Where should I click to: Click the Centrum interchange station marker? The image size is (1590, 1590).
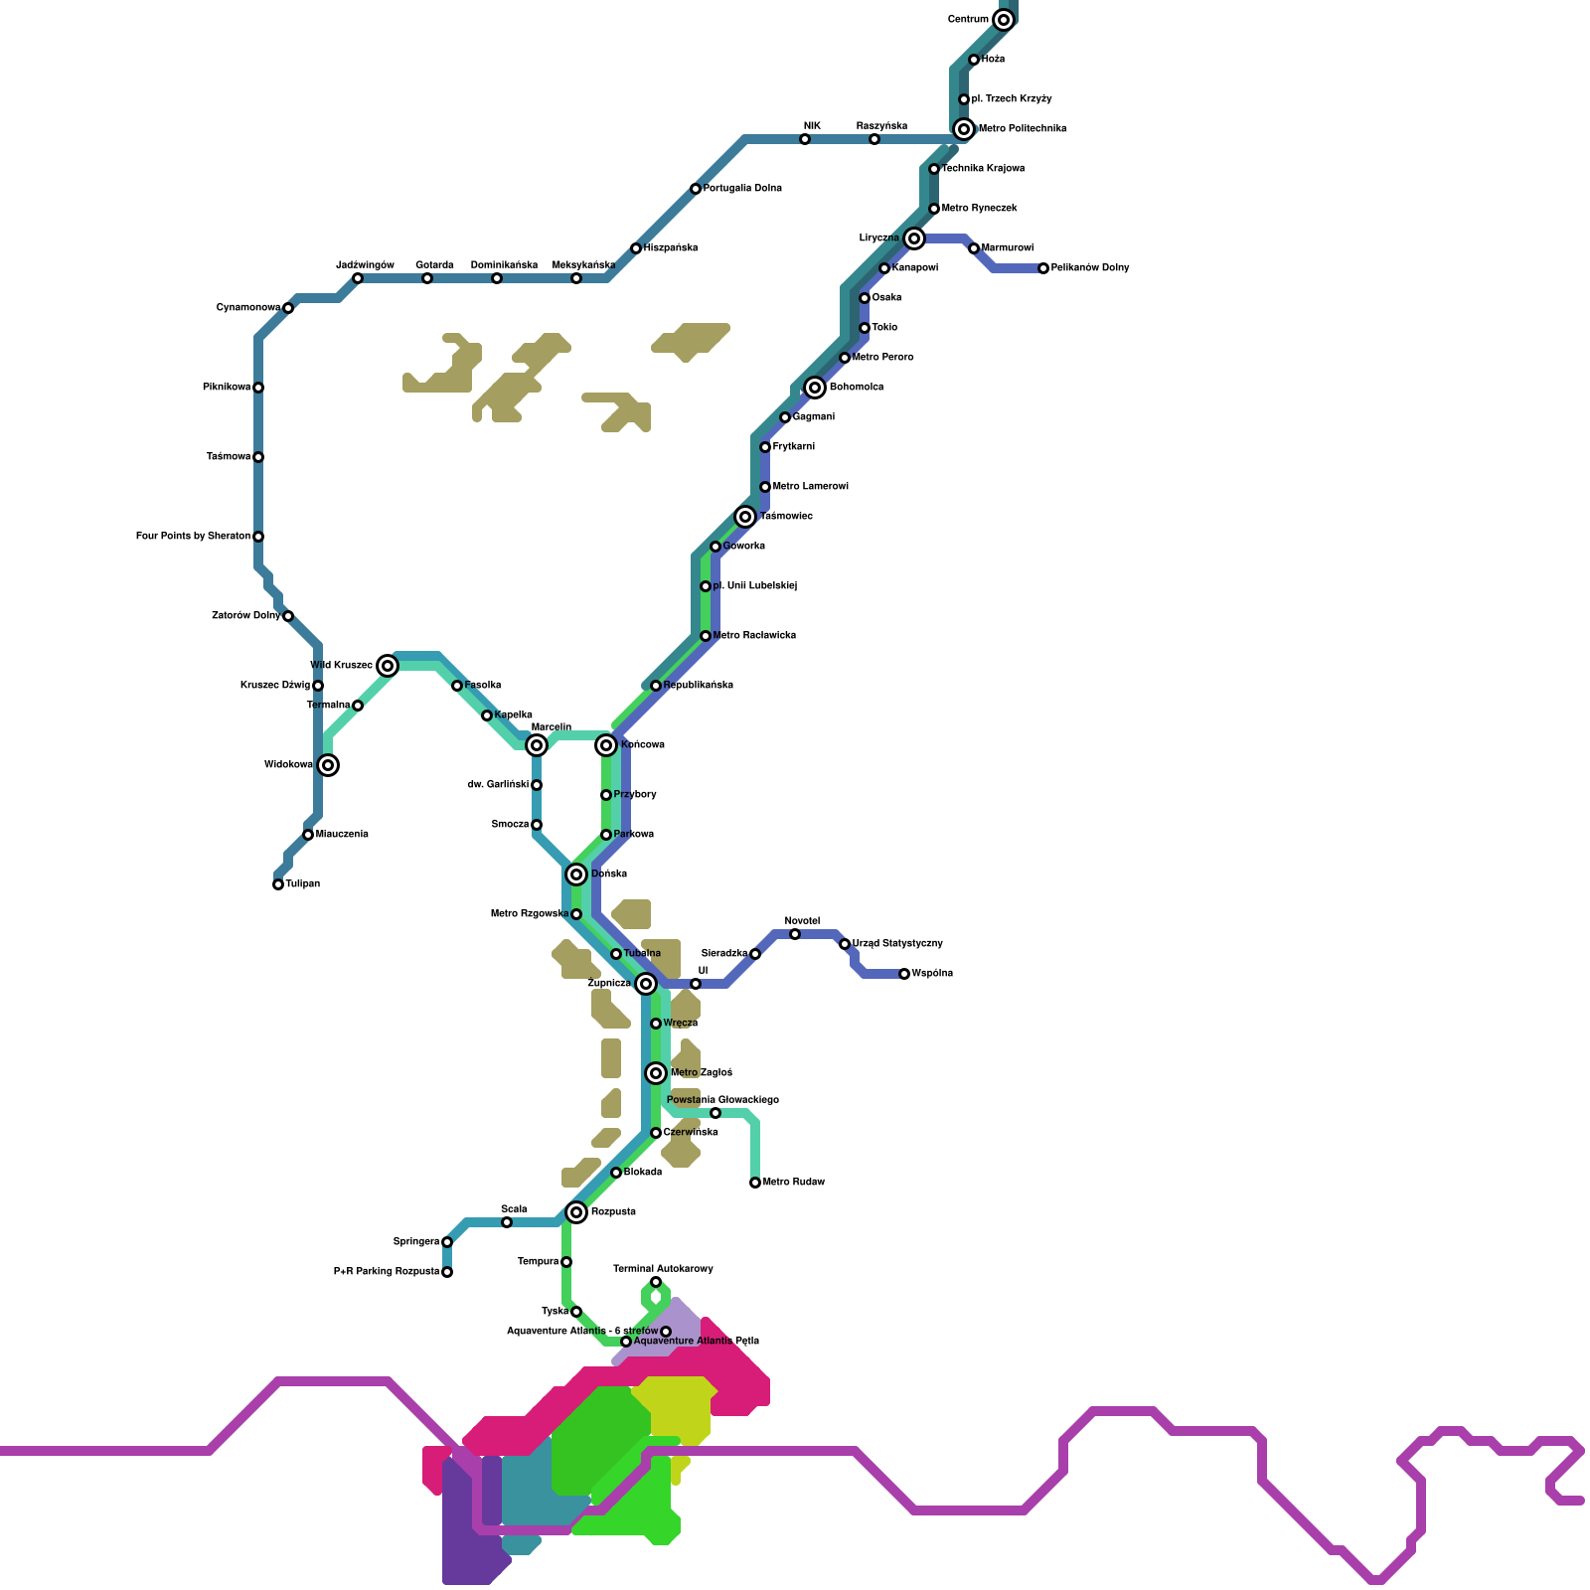click(1004, 20)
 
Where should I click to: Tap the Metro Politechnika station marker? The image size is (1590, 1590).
click(964, 129)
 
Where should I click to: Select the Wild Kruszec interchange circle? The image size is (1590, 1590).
click(388, 666)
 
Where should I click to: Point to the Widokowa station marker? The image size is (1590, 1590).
click(328, 765)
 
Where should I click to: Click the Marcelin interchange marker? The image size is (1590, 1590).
click(537, 745)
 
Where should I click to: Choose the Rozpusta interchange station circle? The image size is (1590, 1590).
click(576, 1212)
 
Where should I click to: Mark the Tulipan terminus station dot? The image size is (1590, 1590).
click(278, 884)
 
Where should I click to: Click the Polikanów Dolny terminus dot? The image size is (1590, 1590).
click(1043, 268)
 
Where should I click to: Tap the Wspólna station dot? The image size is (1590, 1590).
click(904, 974)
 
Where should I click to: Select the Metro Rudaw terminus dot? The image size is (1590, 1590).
click(755, 1183)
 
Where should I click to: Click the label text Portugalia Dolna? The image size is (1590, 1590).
click(742, 189)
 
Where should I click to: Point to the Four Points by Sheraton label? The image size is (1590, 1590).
click(193, 537)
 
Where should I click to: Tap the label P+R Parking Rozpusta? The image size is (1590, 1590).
click(387, 1272)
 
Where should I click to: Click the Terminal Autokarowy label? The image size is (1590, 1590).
click(663, 1269)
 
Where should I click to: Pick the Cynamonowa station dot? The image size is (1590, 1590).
click(288, 308)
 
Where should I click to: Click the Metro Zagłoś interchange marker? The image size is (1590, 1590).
click(656, 1073)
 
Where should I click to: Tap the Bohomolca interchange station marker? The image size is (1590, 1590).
click(815, 388)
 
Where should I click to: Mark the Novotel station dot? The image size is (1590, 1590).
click(795, 934)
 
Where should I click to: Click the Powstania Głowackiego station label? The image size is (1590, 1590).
click(722, 1100)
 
